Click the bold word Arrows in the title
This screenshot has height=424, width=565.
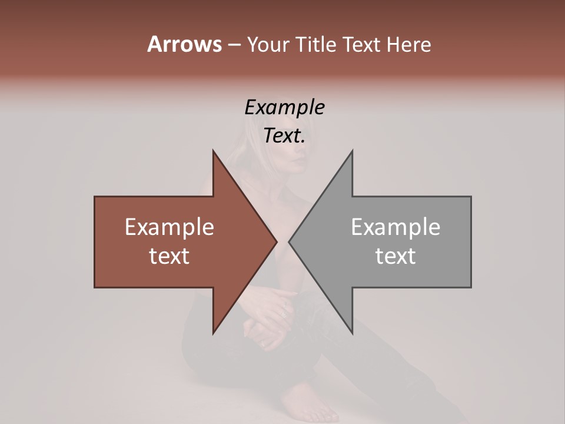(x=184, y=44)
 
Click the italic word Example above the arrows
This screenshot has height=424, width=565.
(x=284, y=107)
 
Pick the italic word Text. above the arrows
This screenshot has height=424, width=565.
(x=284, y=136)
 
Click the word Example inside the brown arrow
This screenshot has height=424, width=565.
(x=169, y=227)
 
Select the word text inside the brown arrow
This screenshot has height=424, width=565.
(x=169, y=256)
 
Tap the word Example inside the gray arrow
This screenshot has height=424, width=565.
(x=395, y=227)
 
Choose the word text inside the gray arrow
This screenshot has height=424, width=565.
(x=395, y=256)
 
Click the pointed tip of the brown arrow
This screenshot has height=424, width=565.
(x=277, y=241)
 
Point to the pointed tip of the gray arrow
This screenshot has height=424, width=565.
(x=289, y=241)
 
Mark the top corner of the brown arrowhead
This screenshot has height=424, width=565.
(x=214, y=151)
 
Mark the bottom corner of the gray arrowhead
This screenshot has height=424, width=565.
(x=352, y=333)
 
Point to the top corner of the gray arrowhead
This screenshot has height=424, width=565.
(x=352, y=151)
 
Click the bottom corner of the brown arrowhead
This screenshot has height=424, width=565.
(x=214, y=333)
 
